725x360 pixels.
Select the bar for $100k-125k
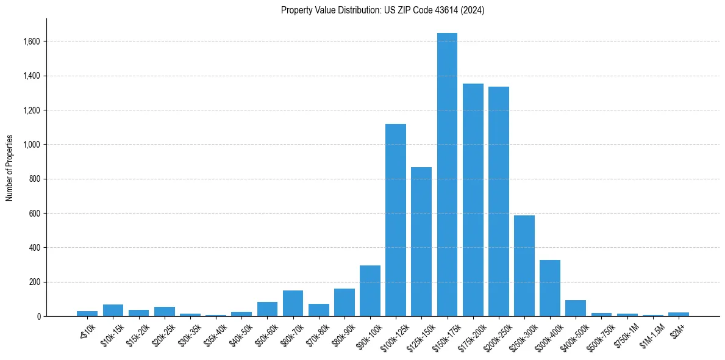pos(396,220)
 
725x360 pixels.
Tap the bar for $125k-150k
pos(421,242)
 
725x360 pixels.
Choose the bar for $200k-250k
pos(499,201)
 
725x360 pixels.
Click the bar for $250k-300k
pos(524,266)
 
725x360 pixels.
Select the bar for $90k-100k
pos(370,291)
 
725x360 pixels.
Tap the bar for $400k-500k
pos(576,308)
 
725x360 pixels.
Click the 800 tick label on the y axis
pos(34,179)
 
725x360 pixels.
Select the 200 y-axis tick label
pos(34,282)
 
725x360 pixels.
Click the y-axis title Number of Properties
pos(10,167)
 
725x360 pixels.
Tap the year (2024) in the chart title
pos(473,10)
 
